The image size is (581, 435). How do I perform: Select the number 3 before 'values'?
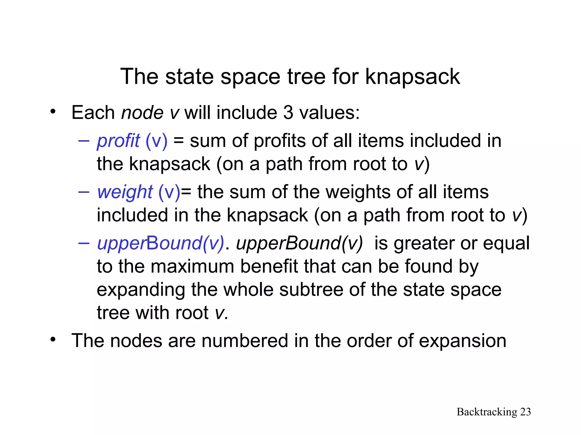point(288,113)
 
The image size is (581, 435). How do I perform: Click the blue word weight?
point(125,192)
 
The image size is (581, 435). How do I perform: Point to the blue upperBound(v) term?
point(161,243)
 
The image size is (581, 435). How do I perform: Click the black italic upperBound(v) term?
point(299,243)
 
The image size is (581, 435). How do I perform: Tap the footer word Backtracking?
point(487,412)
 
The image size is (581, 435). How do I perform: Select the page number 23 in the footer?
point(525,412)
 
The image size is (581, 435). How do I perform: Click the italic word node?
point(142,113)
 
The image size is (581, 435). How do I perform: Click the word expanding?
point(141,290)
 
